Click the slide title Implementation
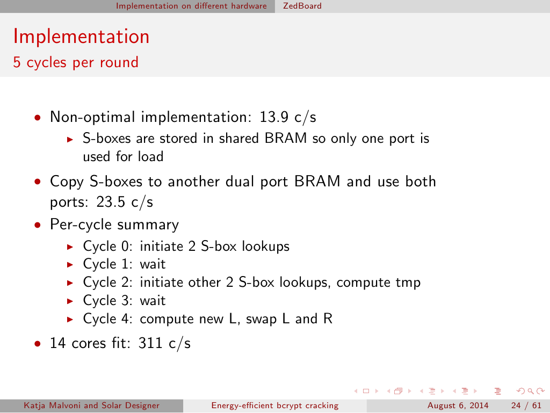82,37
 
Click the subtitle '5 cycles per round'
76,62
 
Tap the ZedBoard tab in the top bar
302,6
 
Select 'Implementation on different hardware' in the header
191,6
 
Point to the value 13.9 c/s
288,117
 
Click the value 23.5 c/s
125,202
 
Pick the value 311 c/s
164,343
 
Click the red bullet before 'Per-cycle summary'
38,225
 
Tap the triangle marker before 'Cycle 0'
70,247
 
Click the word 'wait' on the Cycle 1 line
153,264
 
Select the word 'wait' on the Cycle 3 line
153,300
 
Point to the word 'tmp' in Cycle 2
408,283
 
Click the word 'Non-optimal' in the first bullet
92,117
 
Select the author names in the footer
91,405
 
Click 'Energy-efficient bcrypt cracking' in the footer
275,405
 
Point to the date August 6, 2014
458,405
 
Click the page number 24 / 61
526,405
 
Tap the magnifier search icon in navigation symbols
531,391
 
